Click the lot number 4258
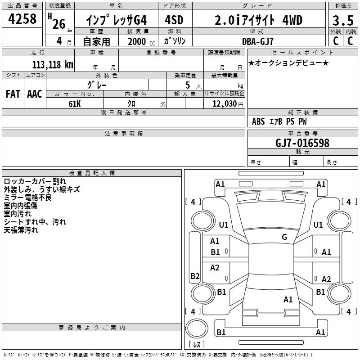click(x=22, y=20)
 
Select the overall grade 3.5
click(x=342, y=21)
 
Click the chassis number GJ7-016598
click(x=302, y=143)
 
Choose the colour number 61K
click(x=75, y=103)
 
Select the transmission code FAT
click(x=13, y=94)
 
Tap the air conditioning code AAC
click(x=34, y=94)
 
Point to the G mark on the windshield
click(x=284, y=237)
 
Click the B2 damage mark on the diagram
click(x=195, y=276)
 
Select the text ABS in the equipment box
click(x=258, y=121)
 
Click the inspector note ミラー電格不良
click(x=27, y=198)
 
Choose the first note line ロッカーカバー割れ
click(x=35, y=181)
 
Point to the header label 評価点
click(x=343, y=6)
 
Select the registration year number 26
click(x=59, y=23)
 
